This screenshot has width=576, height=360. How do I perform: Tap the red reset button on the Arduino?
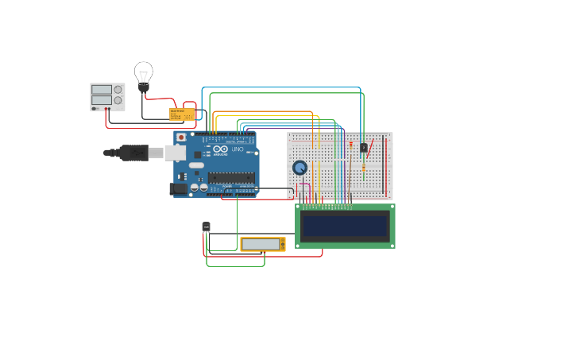tap(181, 137)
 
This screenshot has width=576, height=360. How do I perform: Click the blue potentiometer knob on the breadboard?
tap(300, 168)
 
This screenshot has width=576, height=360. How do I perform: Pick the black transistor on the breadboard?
tap(364, 147)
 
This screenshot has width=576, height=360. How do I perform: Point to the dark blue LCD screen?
tap(346, 226)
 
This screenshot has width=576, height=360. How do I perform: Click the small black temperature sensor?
tap(207, 226)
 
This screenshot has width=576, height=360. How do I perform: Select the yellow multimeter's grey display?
tap(260, 244)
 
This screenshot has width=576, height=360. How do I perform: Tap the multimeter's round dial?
tap(281, 244)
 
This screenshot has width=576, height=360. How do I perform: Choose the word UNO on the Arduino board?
tap(238, 149)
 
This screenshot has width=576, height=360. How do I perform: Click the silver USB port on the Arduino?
tap(175, 153)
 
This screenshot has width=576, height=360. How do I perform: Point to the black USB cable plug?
tap(133, 152)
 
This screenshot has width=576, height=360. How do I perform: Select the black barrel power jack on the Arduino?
tap(179, 188)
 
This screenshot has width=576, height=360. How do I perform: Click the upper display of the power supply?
tap(101, 90)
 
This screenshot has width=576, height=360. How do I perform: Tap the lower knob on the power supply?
tap(118, 100)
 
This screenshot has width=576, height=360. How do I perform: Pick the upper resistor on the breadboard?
tap(350, 145)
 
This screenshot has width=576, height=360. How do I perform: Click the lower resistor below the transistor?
tap(364, 168)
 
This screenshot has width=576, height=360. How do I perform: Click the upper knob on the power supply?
tap(118, 90)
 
